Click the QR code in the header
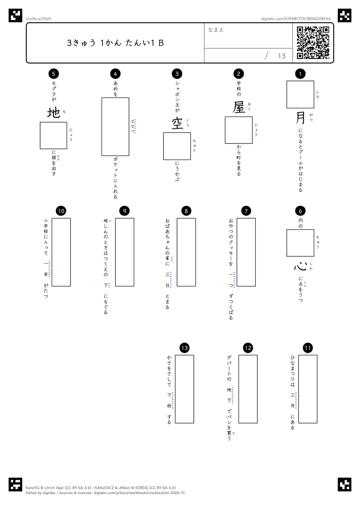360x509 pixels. click(313, 43)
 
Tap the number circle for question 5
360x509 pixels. click(54, 73)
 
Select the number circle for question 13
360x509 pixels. click(184, 348)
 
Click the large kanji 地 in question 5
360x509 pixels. click(53, 113)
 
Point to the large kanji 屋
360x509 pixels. click(238, 107)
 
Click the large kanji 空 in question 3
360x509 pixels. click(177, 123)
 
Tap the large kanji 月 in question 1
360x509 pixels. click(300, 118)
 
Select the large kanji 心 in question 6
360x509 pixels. click(300, 266)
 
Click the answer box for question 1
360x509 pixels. click(300, 94)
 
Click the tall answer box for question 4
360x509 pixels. click(115, 127)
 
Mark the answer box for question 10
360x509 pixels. click(61, 252)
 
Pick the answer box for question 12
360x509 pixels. click(248, 389)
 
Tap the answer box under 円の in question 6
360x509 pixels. click(300, 243)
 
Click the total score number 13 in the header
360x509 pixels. click(282, 56)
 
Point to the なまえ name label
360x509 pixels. click(216, 30)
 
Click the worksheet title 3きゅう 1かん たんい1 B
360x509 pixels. click(115, 43)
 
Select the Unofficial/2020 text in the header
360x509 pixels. click(38, 19)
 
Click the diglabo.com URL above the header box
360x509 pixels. click(295, 19)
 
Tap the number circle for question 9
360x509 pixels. click(124, 211)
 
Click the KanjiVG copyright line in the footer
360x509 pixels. click(100, 488)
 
